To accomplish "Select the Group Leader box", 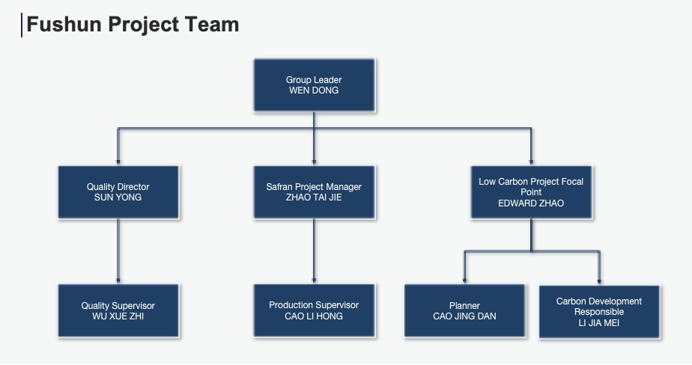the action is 315,85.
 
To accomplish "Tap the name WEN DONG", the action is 314,91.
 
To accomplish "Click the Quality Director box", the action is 118,192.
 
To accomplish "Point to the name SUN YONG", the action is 118,197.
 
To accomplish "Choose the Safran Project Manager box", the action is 315,192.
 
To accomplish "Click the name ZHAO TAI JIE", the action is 314,197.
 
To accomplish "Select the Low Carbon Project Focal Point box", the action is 532,192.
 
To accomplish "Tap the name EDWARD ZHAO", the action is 531,203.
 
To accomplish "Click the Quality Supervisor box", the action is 118,311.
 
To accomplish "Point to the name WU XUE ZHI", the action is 118,316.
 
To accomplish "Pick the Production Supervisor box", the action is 315,311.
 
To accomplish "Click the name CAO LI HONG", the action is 314,316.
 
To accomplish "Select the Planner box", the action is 465,311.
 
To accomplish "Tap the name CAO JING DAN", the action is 464,316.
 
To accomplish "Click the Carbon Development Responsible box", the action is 599,312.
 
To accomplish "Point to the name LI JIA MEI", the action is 599,323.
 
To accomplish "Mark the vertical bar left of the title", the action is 22,25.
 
